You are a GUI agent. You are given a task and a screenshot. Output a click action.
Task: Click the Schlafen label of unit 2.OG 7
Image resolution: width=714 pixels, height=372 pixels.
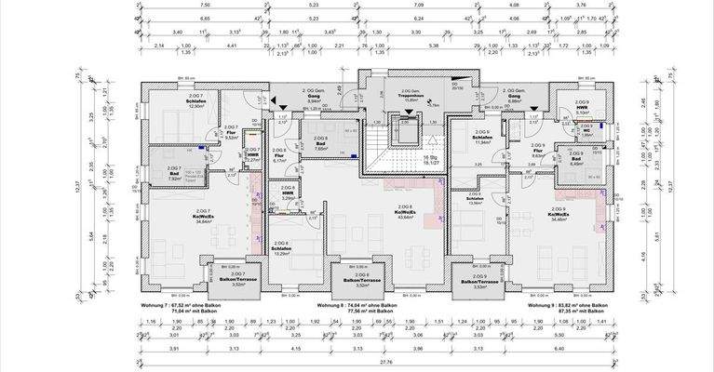pyautogui.click(x=195, y=102)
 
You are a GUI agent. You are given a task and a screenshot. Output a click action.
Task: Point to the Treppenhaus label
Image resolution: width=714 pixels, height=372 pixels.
pyautogui.click(x=403, y=95)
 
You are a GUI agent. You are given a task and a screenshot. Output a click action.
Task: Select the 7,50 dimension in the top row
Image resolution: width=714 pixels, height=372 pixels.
pyautogui.click(x=205, y=5)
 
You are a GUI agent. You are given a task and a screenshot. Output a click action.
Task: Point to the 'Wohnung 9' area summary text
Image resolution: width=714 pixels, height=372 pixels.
pyautogui.click(x=568, y=306)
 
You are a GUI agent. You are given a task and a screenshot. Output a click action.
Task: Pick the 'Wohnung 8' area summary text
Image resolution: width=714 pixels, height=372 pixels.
pyautogui.click(x=372, y=306)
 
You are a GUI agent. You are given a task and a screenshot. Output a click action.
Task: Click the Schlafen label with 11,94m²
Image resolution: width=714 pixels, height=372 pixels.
pyautogui.click(x=482, y=139)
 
